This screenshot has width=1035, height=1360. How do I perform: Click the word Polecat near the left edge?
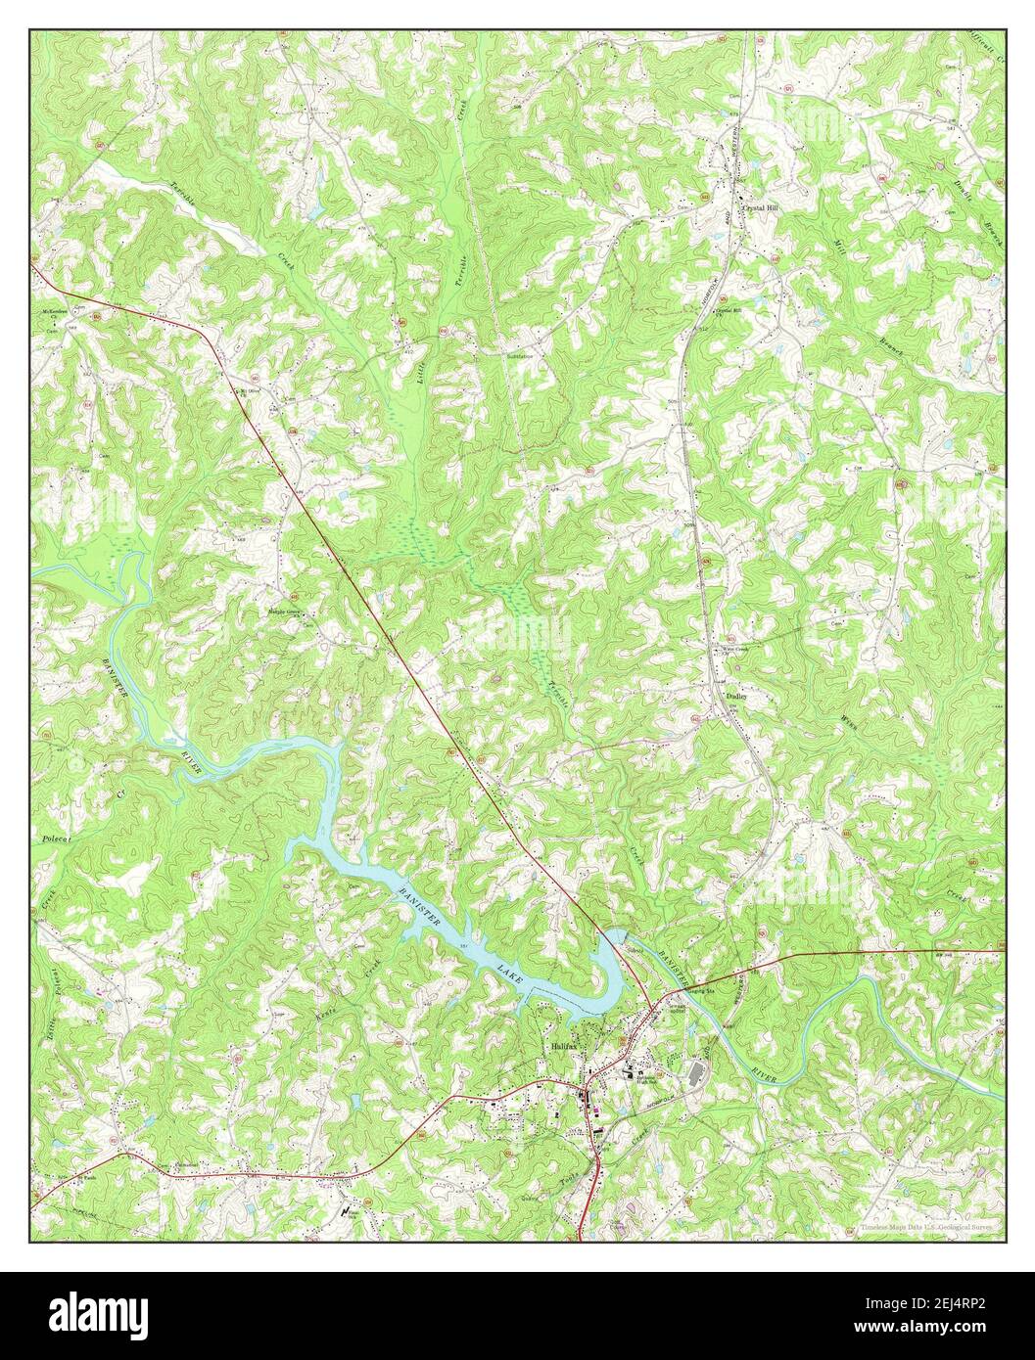[51, 839]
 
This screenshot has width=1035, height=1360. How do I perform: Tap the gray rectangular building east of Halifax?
[696, 1073]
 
